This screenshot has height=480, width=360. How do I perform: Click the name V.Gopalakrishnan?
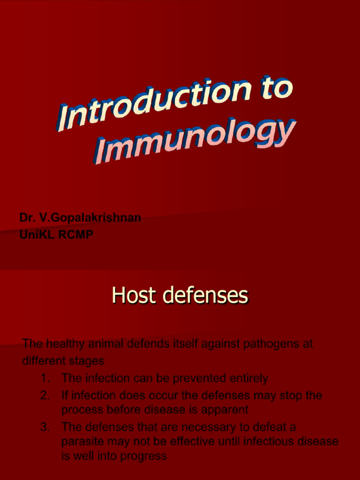[x=89, y=218]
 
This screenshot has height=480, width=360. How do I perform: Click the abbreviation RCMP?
[x=75, y=235]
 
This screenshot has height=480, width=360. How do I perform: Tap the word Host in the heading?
[x=129, y=296]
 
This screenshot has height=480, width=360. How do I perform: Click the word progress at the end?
[x=143, y=456]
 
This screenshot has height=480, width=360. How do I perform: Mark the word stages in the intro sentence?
[x=87, y=361]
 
